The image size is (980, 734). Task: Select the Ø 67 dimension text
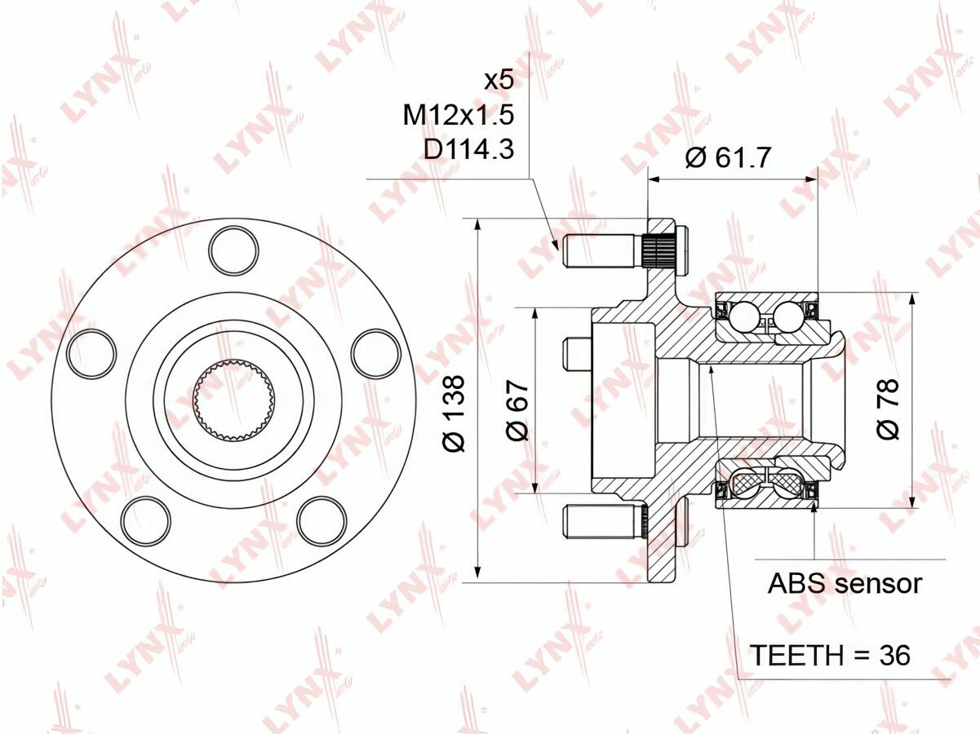(517, 410)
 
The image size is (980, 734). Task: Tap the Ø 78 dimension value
(888, 409)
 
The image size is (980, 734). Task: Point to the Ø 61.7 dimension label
(728, 157)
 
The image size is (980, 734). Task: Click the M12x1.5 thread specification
(459, 115)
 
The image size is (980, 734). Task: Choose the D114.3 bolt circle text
(469, 149)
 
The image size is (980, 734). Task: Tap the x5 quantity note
(499, 81)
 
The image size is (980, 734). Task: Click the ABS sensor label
(845, 583)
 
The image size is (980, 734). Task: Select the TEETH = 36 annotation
(830, 655)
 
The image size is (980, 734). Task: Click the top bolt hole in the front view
(234, 250)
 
